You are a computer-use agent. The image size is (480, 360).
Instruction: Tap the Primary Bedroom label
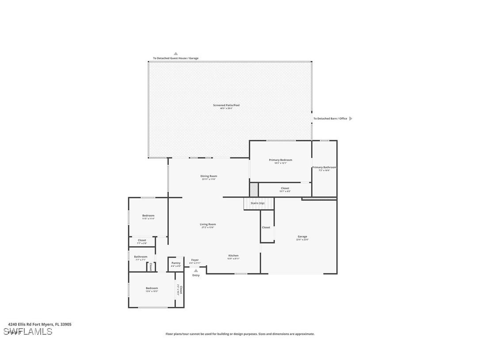point(280,160)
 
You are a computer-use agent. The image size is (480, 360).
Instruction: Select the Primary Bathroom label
point(324,168)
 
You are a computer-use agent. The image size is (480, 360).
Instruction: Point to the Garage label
point(302,237)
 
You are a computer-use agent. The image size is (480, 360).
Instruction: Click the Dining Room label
point(209,176)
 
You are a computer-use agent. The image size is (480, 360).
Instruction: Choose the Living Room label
point(208,224)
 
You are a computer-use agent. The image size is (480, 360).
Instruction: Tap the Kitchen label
point(233,256)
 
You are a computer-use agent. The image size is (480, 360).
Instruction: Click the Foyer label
point(195,260)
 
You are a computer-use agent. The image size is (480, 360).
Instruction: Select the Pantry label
point(176,263)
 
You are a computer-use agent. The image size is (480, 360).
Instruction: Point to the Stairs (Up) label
point(258,203)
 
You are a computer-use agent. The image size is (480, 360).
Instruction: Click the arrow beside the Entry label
point(196,270)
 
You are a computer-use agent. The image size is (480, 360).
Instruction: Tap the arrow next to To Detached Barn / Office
point(351,119)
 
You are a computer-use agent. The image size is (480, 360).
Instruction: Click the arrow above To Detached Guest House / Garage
point(175,54)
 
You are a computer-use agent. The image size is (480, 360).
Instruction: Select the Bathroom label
point(141,257)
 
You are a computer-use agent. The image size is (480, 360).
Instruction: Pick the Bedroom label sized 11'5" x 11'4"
point(148,216)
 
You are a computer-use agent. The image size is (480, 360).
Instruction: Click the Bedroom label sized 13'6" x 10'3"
point(152,288)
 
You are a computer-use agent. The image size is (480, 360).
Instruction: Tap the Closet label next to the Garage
point(266,227)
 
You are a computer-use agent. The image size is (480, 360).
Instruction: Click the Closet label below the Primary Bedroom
point(285,188)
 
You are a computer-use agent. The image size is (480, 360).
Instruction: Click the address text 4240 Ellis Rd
point(39,324)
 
